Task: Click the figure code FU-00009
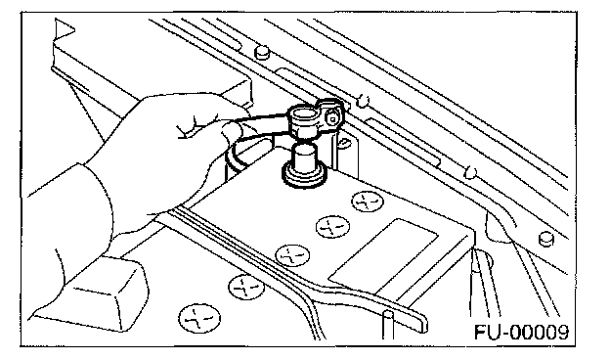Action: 521,333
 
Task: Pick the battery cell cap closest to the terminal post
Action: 368,202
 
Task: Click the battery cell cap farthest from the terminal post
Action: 199,318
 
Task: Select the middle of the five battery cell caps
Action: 292,255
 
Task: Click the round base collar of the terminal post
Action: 304,177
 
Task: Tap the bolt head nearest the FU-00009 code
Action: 546,238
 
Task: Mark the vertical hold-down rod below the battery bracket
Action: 388,325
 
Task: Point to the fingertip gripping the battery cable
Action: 230,129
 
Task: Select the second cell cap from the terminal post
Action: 332,227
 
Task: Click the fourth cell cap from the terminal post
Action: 246,287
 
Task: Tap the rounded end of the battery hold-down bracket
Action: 422,322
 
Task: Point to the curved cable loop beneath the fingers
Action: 236,160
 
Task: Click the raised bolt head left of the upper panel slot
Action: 262,52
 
